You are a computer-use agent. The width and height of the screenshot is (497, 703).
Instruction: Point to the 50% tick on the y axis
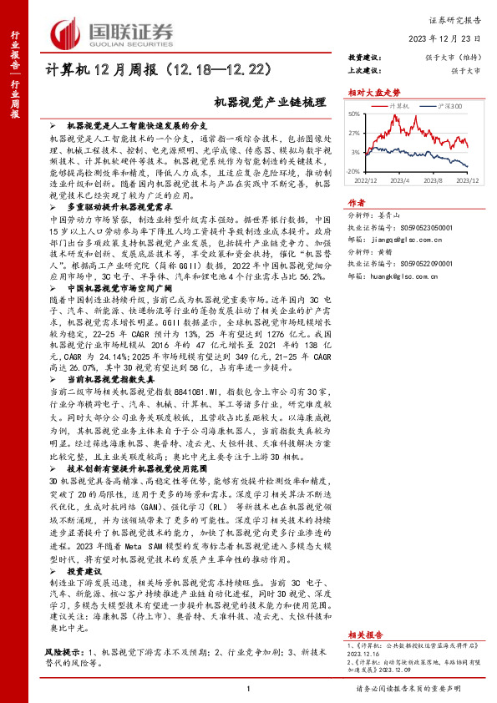tap(354, 114)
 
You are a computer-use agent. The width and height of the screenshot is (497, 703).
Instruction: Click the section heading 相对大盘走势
tap(369, 93)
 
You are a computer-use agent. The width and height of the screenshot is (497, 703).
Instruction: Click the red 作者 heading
tap(357, 203)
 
